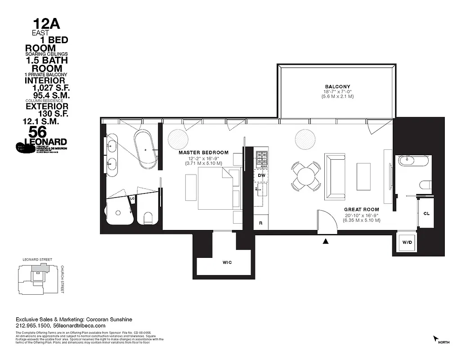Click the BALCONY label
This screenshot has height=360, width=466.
point(337,86)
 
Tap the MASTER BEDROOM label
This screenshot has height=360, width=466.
point(203,153)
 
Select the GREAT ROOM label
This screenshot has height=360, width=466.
point(362,210)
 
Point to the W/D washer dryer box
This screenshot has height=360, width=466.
point(407,242)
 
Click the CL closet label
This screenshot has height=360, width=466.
point(426,213)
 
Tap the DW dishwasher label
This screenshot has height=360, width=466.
point(261,175)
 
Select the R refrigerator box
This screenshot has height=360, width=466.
point(261,223)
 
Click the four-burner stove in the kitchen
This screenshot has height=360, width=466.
point(261,158)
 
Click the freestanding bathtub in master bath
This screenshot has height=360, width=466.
point(146,148)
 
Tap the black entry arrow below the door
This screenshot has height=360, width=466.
point(326,242)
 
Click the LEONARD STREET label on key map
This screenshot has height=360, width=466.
point(37,260)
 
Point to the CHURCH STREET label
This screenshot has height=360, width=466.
point(63,279)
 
